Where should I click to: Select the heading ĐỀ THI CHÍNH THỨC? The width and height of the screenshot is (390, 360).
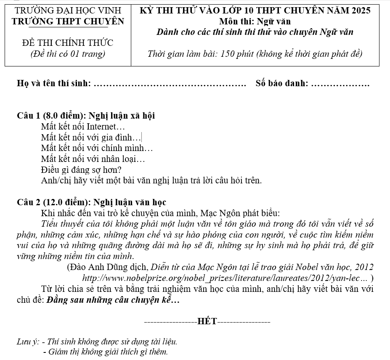67,43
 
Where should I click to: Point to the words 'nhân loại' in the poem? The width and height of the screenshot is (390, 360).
127,159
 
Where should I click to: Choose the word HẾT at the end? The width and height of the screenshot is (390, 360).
207,322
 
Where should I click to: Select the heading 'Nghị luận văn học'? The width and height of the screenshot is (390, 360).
130,202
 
